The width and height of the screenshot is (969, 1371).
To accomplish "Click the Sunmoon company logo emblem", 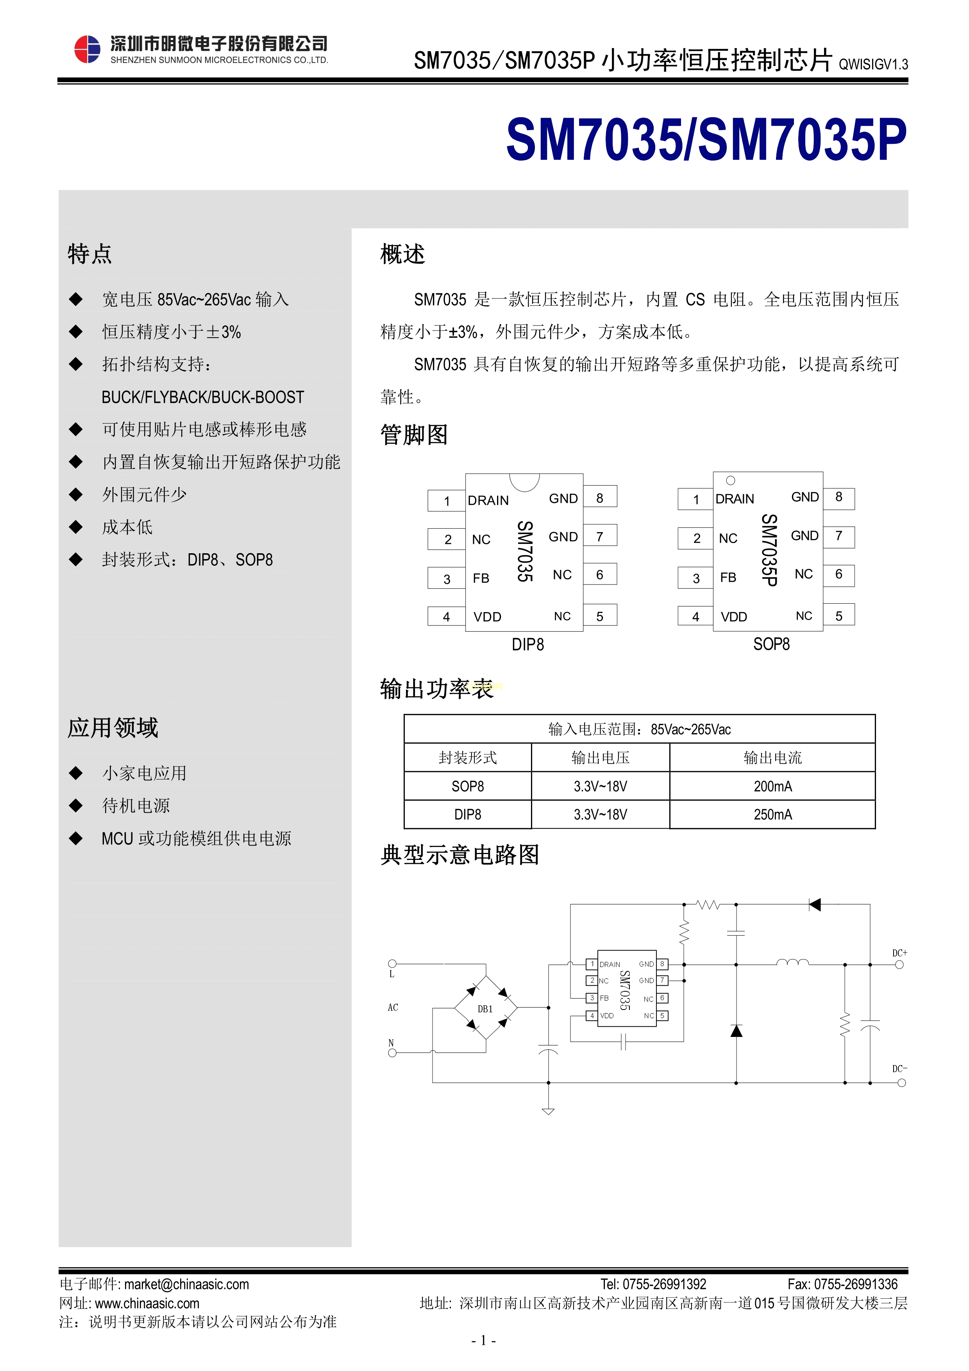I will [x=87, y=49].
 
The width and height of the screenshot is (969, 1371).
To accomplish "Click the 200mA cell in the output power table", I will [x=772, y=786].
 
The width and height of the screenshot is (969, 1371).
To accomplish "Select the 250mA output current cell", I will [x=772, y=815].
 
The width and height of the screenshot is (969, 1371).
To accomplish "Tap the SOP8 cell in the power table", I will [x=467, y=786].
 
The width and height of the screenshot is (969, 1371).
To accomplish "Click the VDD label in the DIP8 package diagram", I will [x=487, y=617].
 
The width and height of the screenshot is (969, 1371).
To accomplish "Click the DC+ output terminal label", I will [x=899, y=953].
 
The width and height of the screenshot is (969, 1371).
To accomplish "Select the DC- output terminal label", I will [x=899, y=1068].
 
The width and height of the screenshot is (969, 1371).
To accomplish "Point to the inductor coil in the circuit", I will [x=792, y=962].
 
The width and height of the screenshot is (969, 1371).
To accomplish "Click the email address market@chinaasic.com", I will [x=186, y=1284].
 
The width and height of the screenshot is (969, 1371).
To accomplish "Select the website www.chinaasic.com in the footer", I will [x=147, y=1303].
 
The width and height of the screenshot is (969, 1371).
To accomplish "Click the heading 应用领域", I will [x=113, y=728].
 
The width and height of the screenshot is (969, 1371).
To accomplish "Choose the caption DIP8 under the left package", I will [x=528, y=645].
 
